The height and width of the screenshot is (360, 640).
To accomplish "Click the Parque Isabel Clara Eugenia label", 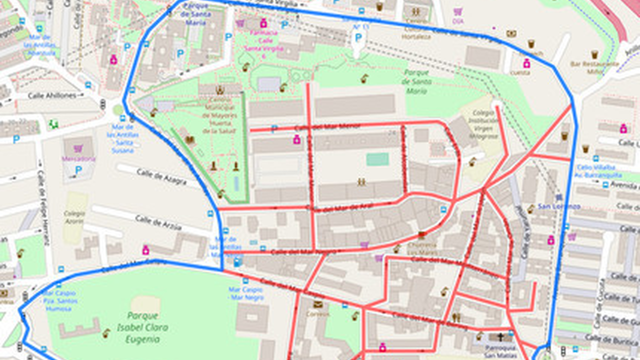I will point(143,327).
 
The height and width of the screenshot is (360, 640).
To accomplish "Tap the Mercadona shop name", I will point(78,159).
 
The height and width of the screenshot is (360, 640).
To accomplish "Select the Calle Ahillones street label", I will point(52,96).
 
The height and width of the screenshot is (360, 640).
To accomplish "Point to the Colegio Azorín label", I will point(74,218).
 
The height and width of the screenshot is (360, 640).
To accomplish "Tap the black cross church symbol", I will point(501,337).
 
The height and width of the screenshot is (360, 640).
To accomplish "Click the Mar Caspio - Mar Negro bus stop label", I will point(246,294).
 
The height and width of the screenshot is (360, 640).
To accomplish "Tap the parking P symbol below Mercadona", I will point(78,170).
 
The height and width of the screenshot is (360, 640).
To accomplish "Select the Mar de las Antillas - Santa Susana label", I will point(123,139).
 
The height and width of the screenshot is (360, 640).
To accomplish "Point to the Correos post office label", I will point(317,314).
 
